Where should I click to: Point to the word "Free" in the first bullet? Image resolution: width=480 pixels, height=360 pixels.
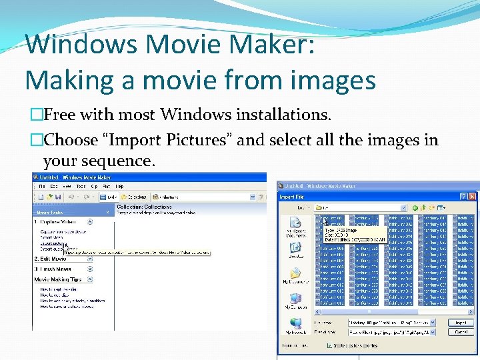pyautogui.click(x=60, y=115)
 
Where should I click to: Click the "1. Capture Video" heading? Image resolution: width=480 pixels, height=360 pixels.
pyautogui.click(x=55, y=221)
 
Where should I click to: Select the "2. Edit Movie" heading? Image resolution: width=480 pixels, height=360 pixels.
pyautogui.click(x=50, y=259)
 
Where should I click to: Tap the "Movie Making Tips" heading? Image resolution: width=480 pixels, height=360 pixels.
pyautogui.click(x=58, y=279)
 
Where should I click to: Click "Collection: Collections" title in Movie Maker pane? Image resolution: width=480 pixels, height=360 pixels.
pyautogui.click(x=145, y=207)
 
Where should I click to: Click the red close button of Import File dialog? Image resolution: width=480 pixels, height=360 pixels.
pyautogui.click(x=473, y=197)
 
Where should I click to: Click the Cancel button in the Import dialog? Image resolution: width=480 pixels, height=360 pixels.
pyautogui.click(x=460, y=331)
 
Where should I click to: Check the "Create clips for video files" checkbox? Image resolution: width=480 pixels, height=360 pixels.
pyautogui.click(x=329, y=346)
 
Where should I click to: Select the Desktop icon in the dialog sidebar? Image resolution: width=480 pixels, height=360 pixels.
pyautogui.click(x=295, y=249)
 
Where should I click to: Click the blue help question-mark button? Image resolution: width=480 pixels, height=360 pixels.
pyautogui.click(x=464, y=197)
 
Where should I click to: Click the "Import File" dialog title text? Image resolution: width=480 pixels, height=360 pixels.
pyautogui.click(x=291, y=197)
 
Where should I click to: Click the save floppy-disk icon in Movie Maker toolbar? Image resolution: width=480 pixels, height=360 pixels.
pyautogui.click(x=58, y=197)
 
